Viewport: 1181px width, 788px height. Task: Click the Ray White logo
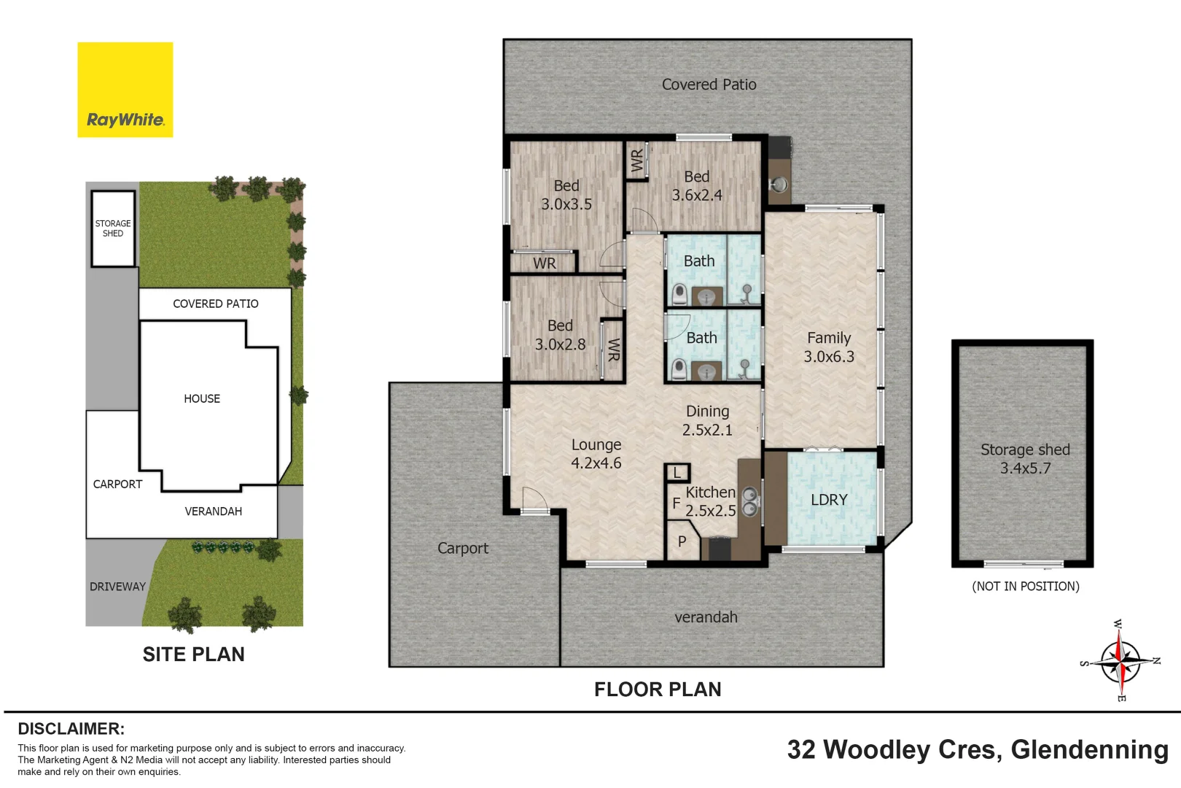[125, 90]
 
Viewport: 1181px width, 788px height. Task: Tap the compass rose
[1120, 661]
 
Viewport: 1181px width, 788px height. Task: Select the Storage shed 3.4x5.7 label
[1025, 459]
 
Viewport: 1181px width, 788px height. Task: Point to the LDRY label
[829, 500]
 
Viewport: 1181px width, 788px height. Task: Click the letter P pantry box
[682, 541]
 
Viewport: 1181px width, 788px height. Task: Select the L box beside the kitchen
[677, 473]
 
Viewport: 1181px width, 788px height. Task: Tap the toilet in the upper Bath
[679, 295]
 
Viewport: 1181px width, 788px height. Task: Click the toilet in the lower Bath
[679, 370]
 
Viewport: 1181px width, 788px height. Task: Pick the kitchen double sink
[749, 502]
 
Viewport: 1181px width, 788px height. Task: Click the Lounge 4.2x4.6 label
[596, 454]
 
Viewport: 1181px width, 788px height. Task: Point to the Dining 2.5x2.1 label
[707, 421]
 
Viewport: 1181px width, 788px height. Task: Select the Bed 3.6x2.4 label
[697, 186]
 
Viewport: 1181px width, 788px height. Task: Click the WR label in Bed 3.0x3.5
[544, 263]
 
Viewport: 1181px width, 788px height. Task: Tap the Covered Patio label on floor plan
[709, 85]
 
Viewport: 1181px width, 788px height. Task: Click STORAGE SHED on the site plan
[113, 228]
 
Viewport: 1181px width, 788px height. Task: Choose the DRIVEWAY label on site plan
[117, 587]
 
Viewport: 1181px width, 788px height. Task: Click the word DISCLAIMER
[71, 729]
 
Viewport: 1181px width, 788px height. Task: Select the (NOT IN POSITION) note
[1025, 587]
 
